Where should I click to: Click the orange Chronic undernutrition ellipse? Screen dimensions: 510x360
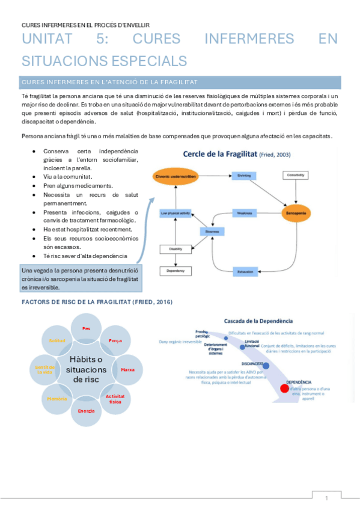[174, 176]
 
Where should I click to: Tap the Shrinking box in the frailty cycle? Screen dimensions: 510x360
[243, 176]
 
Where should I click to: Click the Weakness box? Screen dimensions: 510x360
[243, 213]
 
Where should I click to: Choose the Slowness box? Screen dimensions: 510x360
[212, 232]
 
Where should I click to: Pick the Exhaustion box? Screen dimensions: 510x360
[243, 272]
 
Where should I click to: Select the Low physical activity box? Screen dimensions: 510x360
[174, 213]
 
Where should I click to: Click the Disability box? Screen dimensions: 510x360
[174, 249]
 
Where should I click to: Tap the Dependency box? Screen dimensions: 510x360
[174, 272]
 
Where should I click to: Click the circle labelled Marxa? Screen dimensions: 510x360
[127, 369]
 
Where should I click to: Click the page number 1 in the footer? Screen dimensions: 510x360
[326, 498]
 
